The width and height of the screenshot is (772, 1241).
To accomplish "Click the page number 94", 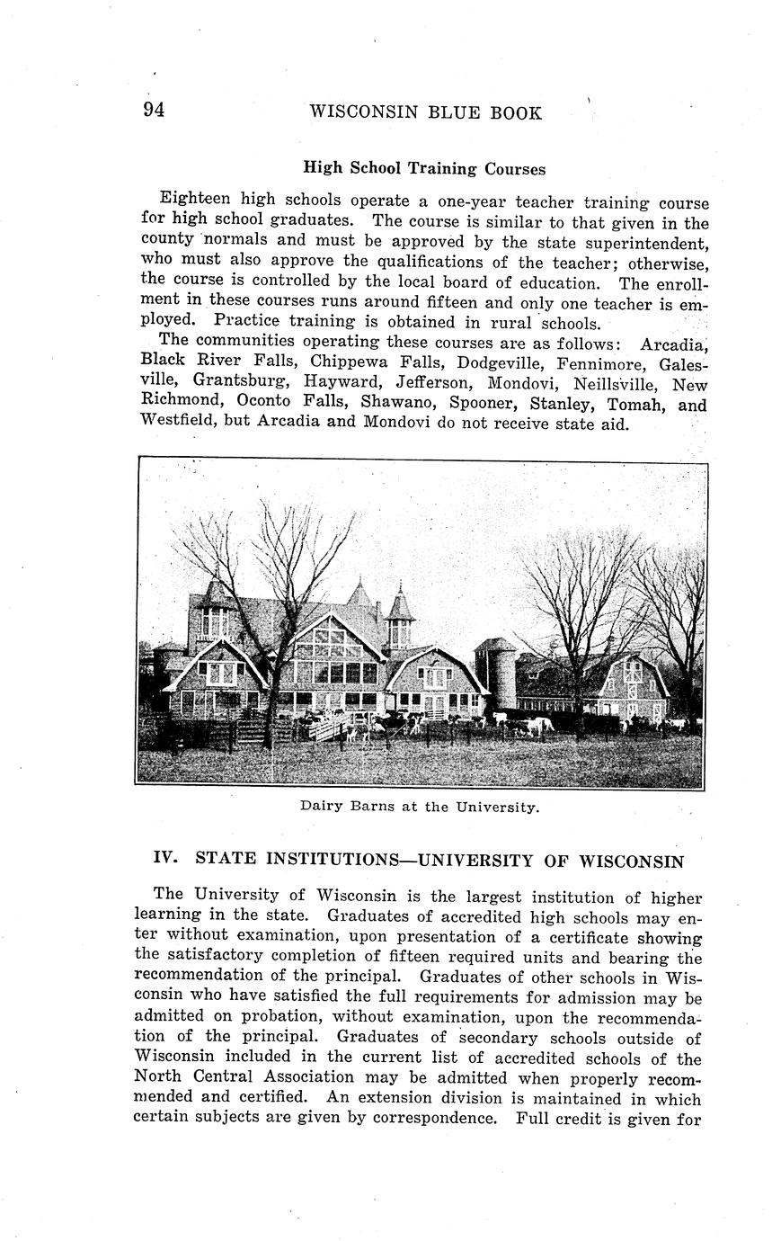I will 154,111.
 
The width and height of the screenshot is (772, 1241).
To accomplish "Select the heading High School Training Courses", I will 423,168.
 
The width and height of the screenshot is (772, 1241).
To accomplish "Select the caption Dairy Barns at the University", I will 420,807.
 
